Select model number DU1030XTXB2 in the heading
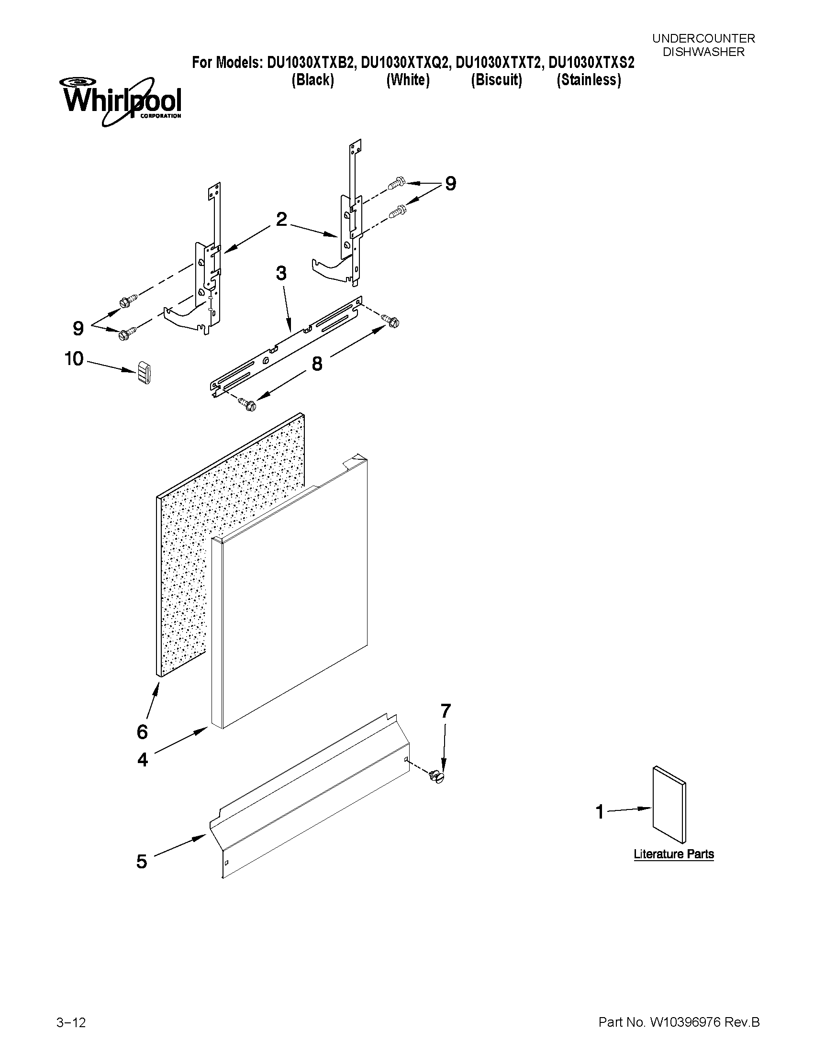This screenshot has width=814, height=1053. [308, 63]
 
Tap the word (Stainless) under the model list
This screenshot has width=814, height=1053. [588, 79]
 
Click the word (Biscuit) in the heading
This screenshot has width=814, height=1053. [496, 79]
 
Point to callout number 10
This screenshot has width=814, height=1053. [74, 359]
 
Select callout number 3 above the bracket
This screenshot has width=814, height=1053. [281, 273]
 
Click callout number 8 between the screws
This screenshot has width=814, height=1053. [317, 364]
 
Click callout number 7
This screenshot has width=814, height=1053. [446, 711]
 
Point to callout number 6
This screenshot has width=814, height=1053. [142, 732]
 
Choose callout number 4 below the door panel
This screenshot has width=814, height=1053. [142, 760]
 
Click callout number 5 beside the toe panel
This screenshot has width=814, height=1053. [141, 861]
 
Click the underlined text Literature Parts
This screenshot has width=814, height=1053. [673, 854]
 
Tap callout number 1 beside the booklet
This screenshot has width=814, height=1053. [600, 812]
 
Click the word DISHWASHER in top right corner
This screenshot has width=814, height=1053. [703, 52]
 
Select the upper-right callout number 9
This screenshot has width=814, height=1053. [450, 184]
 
